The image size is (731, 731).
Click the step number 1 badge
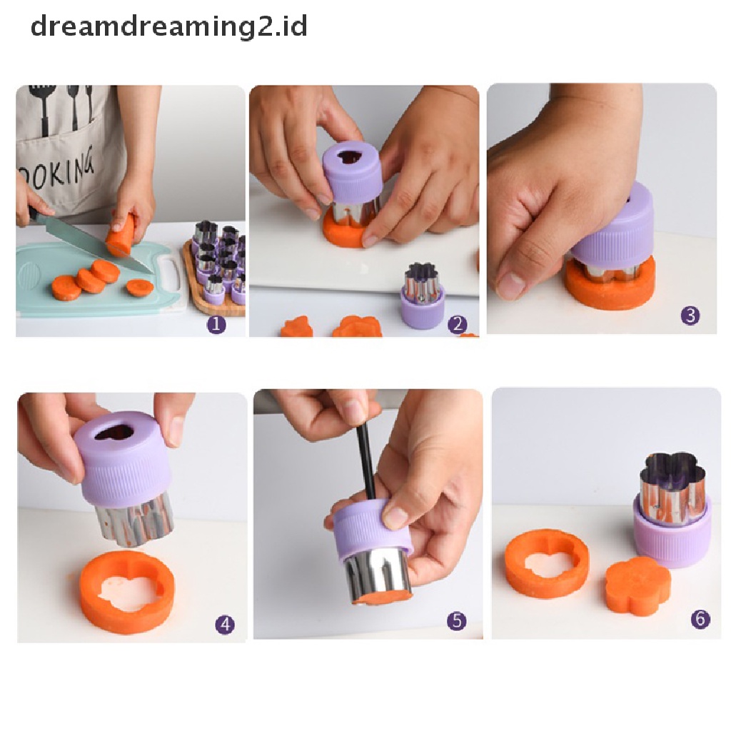pos(216,324)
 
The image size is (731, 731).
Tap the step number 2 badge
pos(457,324)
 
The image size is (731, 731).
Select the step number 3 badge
pos(690,315)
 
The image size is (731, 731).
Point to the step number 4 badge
pos(225,625)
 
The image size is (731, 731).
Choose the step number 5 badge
pos(458,621)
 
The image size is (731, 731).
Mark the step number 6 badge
pos(700,618)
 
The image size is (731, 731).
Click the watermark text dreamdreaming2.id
pos(169,27)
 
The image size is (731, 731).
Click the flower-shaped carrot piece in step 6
pos(637,585)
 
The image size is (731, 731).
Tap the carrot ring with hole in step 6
pos(547,563)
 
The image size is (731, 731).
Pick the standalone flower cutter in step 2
pos(423,296)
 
